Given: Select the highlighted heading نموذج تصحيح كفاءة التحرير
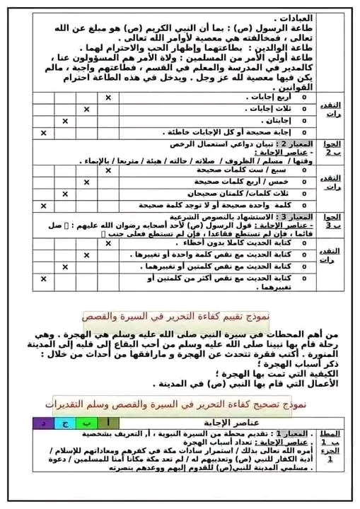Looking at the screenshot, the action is click(180, 404).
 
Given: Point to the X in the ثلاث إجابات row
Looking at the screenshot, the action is click(86, 110).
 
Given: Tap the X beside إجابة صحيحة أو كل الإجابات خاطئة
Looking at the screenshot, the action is click(43, 132).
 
